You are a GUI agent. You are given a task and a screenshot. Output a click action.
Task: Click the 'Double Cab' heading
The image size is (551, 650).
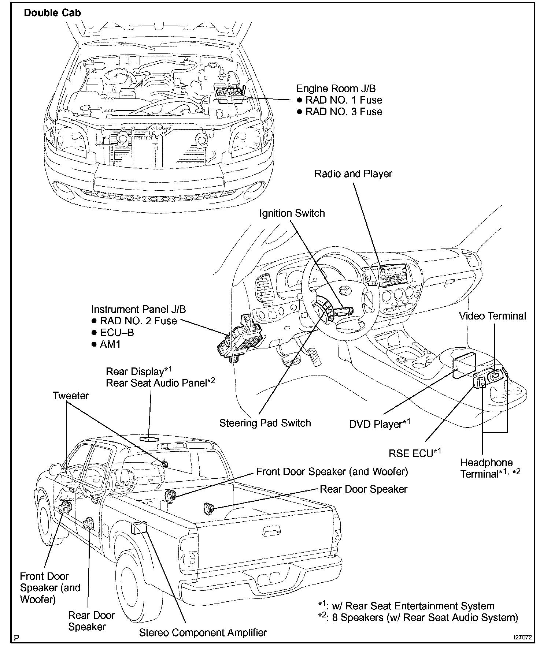52,13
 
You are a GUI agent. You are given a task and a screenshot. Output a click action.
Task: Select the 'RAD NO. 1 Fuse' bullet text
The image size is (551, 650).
344,100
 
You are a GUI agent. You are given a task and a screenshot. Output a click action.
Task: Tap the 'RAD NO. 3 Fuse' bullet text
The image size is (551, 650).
344,112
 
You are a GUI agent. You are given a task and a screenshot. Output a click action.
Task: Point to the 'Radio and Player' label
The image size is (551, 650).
353,174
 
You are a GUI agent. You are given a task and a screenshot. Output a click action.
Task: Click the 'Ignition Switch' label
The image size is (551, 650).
292,213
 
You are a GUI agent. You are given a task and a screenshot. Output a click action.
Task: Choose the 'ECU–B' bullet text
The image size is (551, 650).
117,333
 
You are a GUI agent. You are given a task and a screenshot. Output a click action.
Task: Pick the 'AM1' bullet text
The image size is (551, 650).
110,344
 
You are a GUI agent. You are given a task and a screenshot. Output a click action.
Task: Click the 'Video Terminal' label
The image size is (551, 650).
492,316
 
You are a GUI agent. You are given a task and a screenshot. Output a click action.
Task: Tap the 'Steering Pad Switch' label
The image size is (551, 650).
265,423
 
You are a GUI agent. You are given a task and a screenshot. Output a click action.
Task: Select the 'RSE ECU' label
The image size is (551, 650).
411,453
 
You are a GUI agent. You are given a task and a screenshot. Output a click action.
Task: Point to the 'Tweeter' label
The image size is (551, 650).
70,396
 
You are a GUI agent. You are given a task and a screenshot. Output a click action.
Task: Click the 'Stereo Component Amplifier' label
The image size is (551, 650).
203,632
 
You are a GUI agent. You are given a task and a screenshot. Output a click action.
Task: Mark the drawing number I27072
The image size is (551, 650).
522,637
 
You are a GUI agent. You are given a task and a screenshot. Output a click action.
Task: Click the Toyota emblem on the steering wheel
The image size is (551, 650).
344,290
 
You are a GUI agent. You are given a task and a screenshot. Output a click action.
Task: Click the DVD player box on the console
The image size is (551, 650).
463,363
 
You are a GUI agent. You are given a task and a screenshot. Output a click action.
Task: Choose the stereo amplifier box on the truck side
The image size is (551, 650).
139,528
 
